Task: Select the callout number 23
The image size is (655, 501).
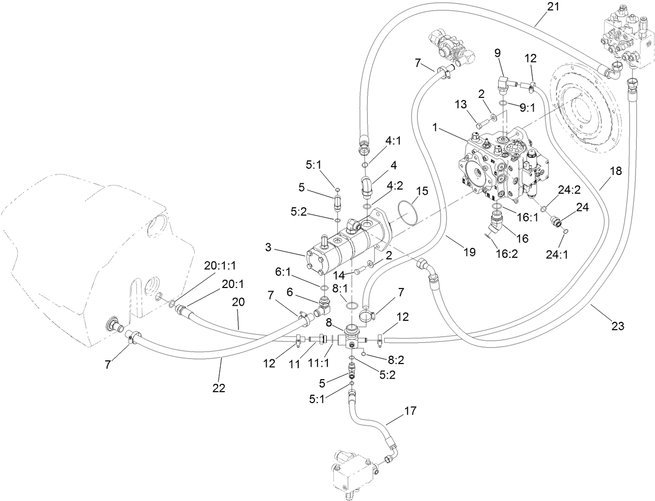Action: [618, 327]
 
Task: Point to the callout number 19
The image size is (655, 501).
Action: [469, 252]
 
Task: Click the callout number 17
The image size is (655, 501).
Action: [410, 411]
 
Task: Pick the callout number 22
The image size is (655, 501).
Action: [218, 388]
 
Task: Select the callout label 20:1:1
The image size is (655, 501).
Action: [220, 265]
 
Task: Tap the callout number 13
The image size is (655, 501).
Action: [461, 105]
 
